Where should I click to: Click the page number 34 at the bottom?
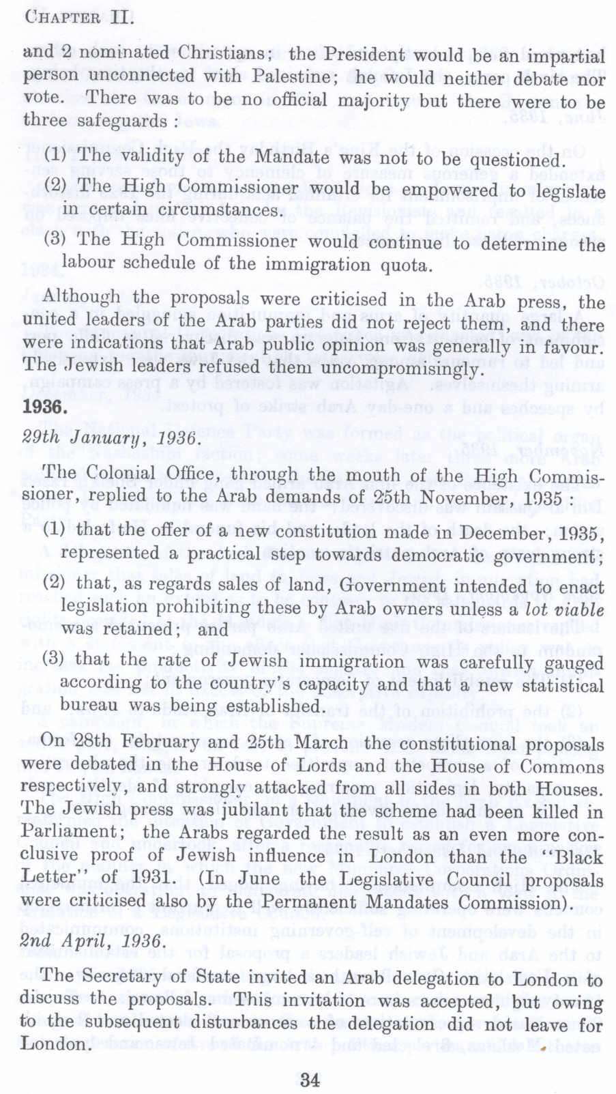click(309, 1080)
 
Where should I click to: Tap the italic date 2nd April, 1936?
click(93, 942)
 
